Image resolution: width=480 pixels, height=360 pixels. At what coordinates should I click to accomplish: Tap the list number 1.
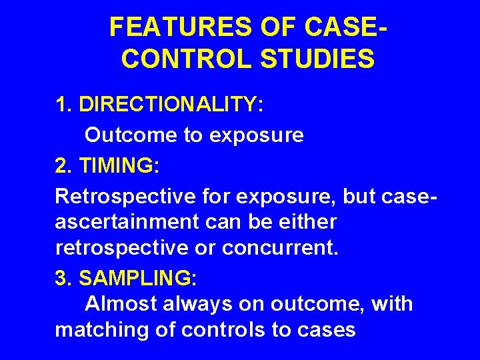pyautogui.click(x=63, y=105)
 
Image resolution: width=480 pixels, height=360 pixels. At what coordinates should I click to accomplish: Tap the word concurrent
pyautogui.click(x=280, y=249)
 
